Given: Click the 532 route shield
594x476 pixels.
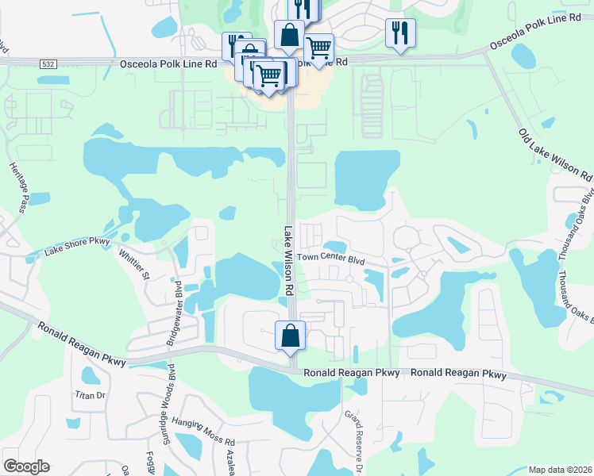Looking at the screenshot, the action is coord(49,63).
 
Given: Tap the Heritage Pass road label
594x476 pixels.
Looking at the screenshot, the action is coord(19,180).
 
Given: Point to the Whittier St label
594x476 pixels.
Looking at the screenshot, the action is coord(134,264).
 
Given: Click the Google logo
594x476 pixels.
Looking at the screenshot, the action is coord(26,466).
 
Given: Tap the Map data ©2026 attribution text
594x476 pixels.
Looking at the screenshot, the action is coord(559,469).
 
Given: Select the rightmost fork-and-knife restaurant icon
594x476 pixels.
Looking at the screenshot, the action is coord(399,33).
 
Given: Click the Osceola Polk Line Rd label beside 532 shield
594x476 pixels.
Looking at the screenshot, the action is coord(168,63).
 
